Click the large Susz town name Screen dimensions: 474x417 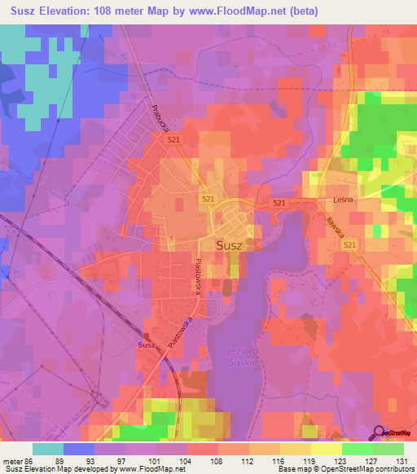229,244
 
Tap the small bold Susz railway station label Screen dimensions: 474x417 147,345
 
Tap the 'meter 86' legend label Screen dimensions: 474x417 19,459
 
